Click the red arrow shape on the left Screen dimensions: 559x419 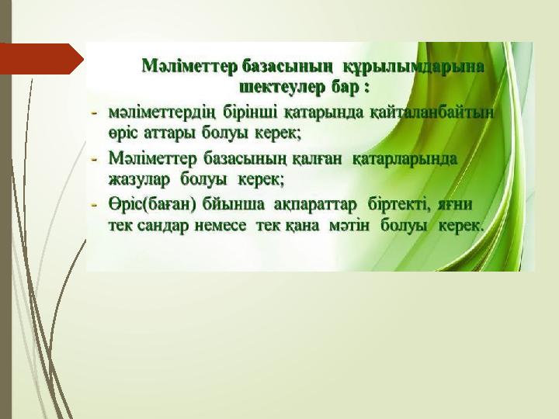(x=41, y=59)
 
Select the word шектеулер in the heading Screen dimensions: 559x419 (x=282, y=87)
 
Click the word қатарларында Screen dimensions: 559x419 (x=404, y=159)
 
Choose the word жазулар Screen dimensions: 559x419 (x=139, y=179)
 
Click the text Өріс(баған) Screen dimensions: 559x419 (x=153, y=205)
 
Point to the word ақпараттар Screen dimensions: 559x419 (x=315, y=205)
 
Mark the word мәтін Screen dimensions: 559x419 (x=349, y=226)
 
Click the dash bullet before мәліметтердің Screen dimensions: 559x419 (x=95, y=113)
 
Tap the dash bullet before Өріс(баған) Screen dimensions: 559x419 (x=95, y=206)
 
